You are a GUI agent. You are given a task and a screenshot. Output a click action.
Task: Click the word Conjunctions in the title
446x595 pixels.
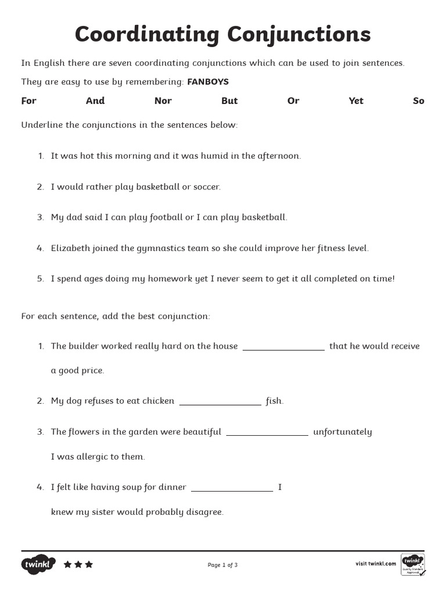298,35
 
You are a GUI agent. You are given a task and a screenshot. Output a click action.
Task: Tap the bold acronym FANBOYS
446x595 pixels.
208,82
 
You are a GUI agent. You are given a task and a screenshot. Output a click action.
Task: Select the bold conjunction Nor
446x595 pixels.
163,101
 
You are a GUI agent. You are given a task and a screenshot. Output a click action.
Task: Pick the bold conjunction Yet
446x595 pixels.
356,101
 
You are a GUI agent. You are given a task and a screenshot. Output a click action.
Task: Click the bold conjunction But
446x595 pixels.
229,101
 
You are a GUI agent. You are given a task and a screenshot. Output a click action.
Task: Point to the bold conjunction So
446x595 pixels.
419,101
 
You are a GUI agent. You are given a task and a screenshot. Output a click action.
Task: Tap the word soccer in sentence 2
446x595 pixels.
206,187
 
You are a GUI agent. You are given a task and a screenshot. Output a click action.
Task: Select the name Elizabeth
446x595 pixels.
71,248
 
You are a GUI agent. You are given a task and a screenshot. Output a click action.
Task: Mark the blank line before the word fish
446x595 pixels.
221,403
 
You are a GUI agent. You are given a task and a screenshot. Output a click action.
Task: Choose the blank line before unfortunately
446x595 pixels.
267,434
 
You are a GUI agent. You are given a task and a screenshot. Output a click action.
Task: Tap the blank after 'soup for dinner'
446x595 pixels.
232,489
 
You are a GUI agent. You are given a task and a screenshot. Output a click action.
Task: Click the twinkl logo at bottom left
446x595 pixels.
38,564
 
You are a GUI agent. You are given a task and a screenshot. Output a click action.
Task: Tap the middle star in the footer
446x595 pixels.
78,564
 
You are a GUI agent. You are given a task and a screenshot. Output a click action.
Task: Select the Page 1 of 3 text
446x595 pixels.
222,565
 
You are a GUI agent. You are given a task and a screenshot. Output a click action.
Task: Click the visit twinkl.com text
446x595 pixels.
375,564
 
